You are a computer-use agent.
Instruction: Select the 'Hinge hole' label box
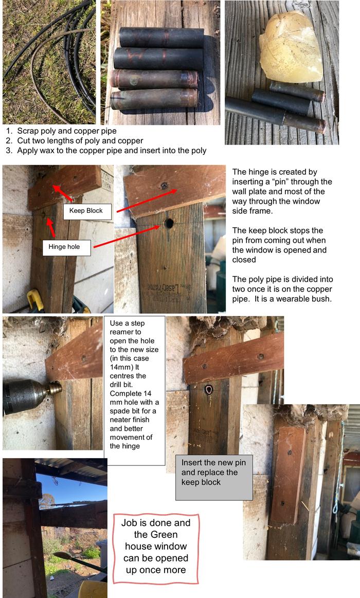(x=67, y=247)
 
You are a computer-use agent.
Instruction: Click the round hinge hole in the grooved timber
(x=169, y=223)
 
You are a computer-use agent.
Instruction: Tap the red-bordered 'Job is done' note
(x=155, y=548)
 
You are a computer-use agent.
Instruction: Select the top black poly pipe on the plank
(x=160, y=38)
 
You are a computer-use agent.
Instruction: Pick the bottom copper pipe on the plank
(x=153, y=98)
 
